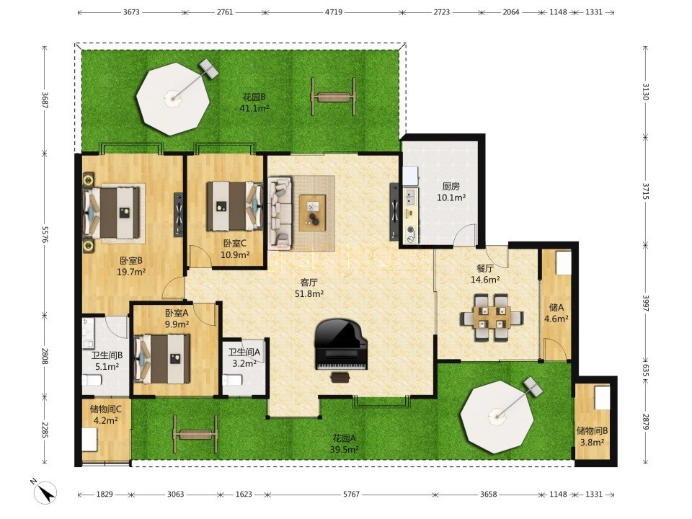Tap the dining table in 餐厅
click(492, 318)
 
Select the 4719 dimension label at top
click(334, 12)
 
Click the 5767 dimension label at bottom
click(351, 494)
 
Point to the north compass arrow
click(45, 491)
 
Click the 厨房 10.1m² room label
click(451, 192)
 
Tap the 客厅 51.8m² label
click(309, 288)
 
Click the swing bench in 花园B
click(334, 97)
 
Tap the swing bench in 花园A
click(195, 434)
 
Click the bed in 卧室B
click(113, 213)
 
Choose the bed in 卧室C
click(234, 206)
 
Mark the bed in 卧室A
click(162, 359)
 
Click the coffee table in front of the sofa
click(312, 212)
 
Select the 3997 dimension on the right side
click(646, 303)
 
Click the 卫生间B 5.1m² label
click(107, 360)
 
